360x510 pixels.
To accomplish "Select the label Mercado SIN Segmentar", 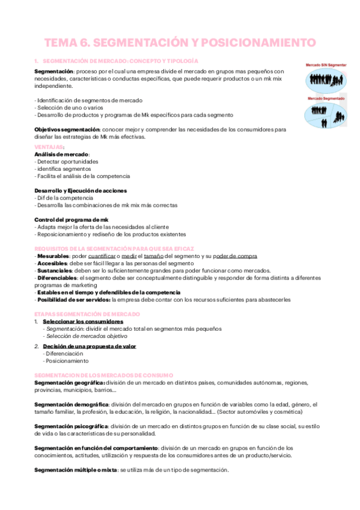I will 325,63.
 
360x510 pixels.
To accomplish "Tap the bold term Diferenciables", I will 58,278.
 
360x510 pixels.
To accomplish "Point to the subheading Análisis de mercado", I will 62,155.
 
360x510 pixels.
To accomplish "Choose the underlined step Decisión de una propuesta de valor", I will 90,346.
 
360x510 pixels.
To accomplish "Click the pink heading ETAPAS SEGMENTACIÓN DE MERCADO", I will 88,314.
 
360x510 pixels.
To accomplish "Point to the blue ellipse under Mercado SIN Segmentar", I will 325,78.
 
